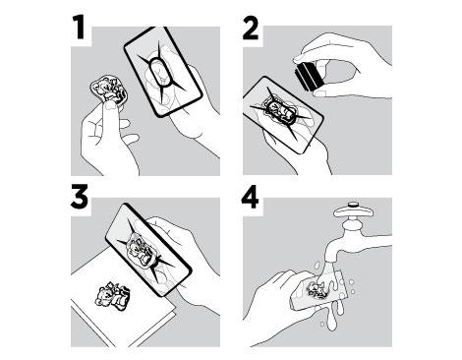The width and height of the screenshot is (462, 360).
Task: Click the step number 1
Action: tap(79, 29)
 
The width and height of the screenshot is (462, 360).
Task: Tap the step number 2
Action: tap(251, 28)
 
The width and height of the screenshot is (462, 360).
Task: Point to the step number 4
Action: tap(250, 198)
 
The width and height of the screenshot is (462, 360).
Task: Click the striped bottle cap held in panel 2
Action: tap(308, 78)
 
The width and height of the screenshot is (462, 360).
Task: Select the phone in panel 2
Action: tap(283, 115)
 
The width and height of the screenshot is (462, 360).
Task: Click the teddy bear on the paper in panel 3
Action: tap(112, 295)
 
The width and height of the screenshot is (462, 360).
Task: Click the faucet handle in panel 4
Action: tap(352, 210)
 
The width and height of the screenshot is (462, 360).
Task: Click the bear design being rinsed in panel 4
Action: tap(317, 290)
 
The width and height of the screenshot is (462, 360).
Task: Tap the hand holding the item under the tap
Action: tap(278, 307)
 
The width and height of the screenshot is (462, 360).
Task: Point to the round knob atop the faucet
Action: tap(353, 205)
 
